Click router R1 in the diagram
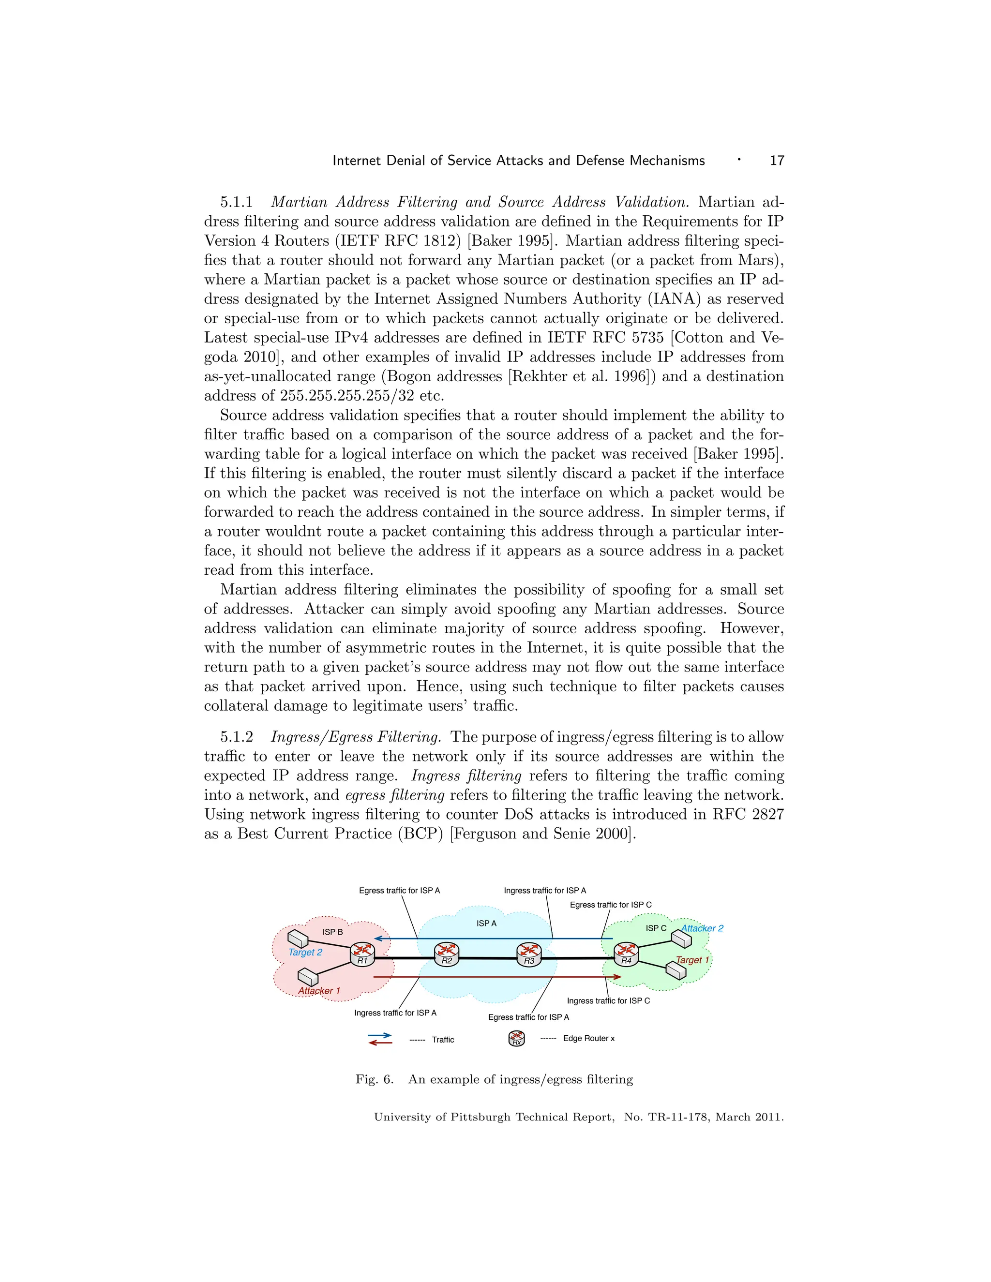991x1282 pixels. click(362, 954)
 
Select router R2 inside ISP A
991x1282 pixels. click(447, 954)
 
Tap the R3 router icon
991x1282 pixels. click(529, 954)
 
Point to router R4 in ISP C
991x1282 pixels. click(627, 954)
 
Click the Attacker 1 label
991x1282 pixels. click(319, 991)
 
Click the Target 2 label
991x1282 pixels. click(305, 952)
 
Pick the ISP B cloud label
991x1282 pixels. click(332, 932)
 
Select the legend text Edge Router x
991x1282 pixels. click(588, 1038)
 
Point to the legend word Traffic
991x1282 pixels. click(443, 1040)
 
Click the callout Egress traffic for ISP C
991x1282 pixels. click(611, 905)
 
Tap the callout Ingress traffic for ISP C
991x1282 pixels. click(608, 1001)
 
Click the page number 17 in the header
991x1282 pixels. click(777, 161)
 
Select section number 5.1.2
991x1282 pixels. click(237, 737)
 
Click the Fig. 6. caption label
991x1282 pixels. click(374, 1079)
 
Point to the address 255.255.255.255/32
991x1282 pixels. click(347, 396)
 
